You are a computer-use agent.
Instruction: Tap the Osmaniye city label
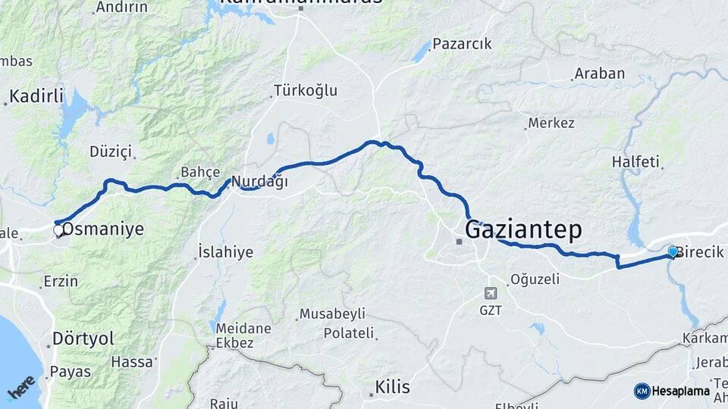point(103,229)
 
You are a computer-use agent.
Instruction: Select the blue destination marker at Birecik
point(672,251)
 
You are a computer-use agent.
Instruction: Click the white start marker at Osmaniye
point(58,229)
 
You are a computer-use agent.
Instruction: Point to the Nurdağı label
point(259,182)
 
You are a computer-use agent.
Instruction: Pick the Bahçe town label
point(199,172)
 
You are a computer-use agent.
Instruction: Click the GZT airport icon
point(491,293)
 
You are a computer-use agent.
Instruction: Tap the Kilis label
point(392,388)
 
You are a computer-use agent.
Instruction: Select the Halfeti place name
point(636,162)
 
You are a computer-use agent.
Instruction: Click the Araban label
point(599,73)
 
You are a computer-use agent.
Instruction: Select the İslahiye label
point(225,252)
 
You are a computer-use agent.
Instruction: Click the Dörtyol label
point(83,338)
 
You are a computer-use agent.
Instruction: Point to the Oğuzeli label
point(535,279)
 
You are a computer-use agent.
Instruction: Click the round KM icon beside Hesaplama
point(642,391)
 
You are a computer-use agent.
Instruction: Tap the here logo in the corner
point(20,388)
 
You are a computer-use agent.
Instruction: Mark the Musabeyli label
point(332,314)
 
